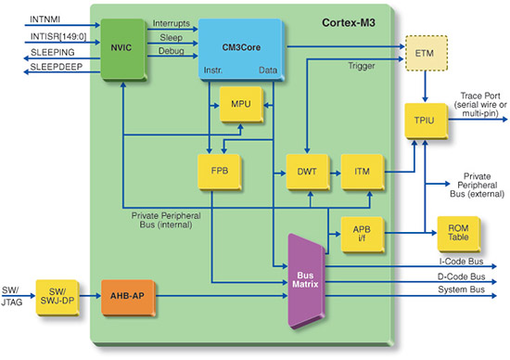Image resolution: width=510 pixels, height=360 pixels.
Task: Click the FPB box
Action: (x=214, y=172)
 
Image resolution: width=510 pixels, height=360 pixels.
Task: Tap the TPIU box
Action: (x=426, y=122)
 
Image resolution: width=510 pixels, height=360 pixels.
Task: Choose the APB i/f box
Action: (x=360, y=231)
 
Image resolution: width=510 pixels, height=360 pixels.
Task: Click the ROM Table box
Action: (x=455, y=231)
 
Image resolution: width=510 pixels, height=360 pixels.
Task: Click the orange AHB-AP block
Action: (x=127, y=296)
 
